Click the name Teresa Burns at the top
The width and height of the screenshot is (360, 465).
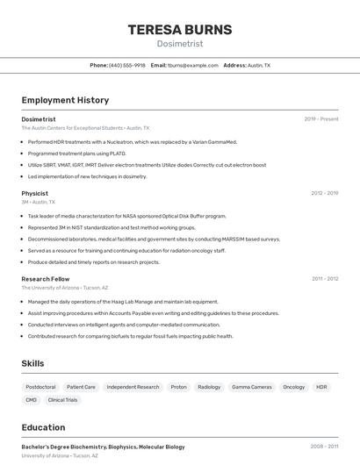[180, 30]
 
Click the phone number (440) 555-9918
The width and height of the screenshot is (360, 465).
[127, 66]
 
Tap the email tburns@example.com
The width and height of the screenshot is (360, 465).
[192, 66]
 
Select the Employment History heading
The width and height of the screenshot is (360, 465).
[65, 101]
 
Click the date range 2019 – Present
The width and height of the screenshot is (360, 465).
[321, 119]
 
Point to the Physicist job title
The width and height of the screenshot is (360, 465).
[34, 193]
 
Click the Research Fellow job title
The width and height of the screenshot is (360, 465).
[45, 279]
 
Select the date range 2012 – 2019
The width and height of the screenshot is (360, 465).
[324, 193]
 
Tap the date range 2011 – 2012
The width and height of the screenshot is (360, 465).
[325, 279]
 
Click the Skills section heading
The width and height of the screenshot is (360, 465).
[33, 363]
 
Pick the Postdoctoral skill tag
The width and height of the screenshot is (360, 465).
[40, 387]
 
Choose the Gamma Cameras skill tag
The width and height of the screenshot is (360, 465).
[252, 387]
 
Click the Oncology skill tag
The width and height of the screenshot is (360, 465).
[294, 387]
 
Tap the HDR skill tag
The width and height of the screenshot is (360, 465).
[321, 387]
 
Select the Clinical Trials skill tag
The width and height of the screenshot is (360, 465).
[63, 400]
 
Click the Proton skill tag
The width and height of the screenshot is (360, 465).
[178, 387]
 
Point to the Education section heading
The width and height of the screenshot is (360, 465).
[43, 427]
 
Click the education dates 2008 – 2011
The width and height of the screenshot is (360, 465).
[324, 447]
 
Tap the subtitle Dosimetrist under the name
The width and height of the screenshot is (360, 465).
[180, 44]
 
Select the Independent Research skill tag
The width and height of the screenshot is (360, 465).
[133, 387]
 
